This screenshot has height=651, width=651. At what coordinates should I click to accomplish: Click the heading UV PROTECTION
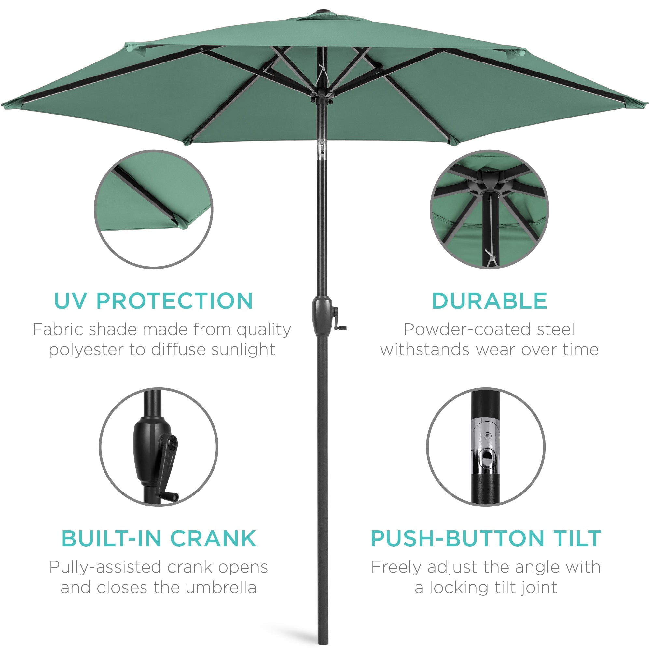(153, 300)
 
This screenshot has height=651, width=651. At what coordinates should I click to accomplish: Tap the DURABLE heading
(489, 300)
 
